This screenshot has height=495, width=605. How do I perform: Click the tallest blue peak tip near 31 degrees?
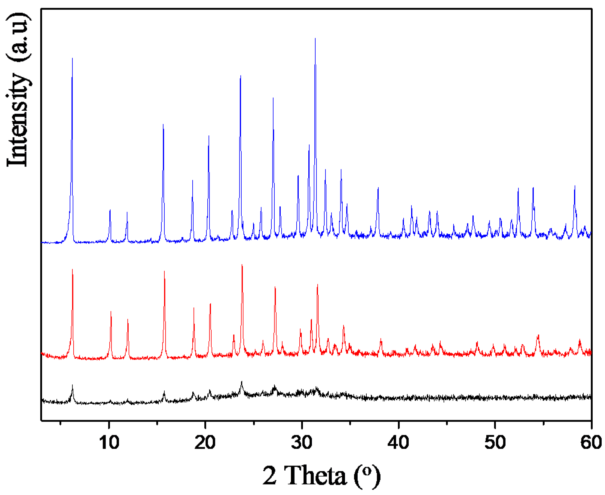315,38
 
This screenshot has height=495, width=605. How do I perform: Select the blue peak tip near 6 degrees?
72,58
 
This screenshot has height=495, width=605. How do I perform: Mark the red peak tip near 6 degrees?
72,269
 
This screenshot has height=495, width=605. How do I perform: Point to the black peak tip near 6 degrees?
72,385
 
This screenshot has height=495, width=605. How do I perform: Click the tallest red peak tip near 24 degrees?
242,265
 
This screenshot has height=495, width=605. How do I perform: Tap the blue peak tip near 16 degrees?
163,124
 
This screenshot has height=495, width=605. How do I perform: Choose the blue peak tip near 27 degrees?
273,98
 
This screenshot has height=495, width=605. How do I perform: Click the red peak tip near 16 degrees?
164,271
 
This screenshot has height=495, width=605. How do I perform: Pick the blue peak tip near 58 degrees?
575,186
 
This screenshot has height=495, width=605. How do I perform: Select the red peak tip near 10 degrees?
111,312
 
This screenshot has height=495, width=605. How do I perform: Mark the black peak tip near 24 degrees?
241,381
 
